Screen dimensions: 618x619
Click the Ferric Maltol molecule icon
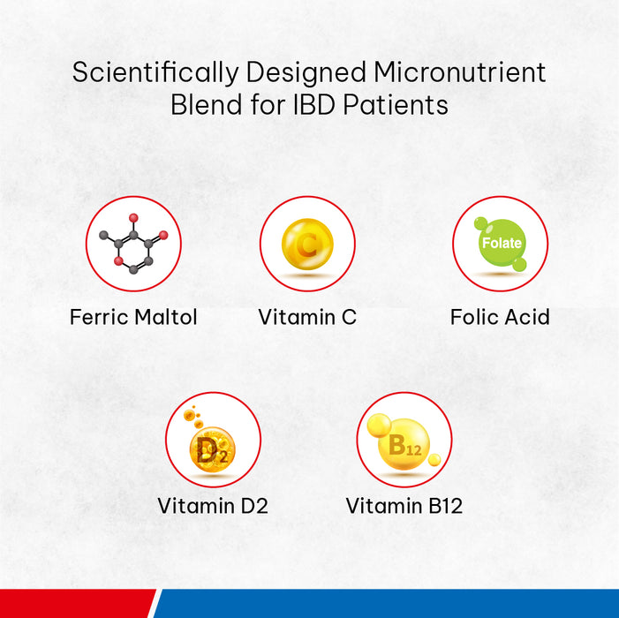click(x=133, y=244)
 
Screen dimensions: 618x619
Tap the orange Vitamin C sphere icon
click(x=307, y=244)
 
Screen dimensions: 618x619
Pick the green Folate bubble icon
click(x=501, y=244)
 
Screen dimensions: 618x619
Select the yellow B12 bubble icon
click(x=404, y=444)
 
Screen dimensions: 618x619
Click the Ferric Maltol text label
click(x=133, y=317)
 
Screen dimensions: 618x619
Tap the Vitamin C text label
click(x=307, y=317)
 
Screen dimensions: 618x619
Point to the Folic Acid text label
click(x=500, y=317)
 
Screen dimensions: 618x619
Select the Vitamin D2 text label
click(x=213, y=506)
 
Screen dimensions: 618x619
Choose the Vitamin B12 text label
click(x=404, y=506)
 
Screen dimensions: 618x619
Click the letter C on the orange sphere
click(x=307, y=244)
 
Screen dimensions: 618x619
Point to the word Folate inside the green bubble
click(x=501, y=243)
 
